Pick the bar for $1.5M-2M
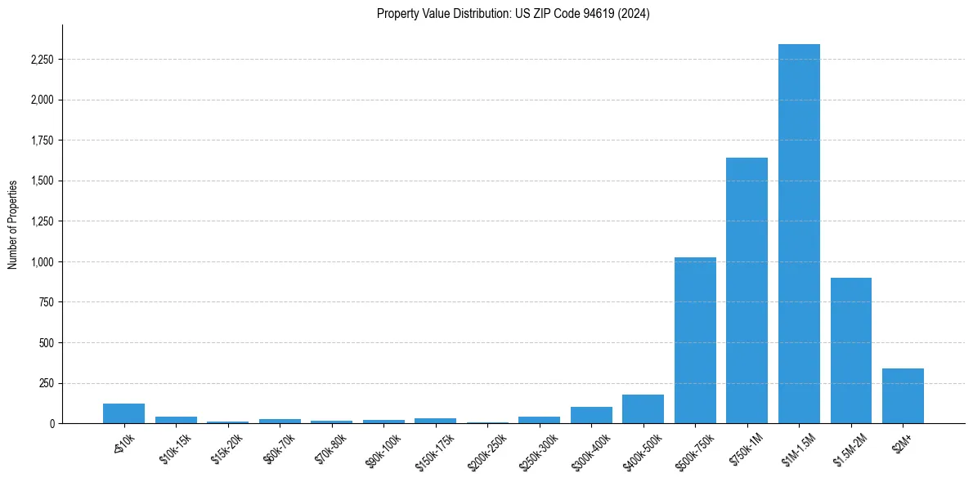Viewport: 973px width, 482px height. click(850, 350)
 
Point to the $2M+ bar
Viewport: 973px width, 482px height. click(903, 395)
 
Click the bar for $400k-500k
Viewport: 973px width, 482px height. click(643, 408)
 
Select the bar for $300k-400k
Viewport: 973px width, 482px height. click(591, 415)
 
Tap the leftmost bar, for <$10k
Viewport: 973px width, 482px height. click(123, 413)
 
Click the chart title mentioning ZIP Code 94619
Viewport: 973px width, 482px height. click(513, 14)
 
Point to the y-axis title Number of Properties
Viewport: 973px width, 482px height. click(13, 224)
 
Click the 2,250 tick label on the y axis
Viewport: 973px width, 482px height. click(42, 60)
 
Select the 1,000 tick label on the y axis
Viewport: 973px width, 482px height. click(42, 262)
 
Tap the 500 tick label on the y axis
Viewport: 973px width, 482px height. click(47, 343)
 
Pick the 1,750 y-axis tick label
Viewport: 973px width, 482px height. click(42, 141)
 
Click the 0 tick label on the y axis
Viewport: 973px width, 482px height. click(52, 424)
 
